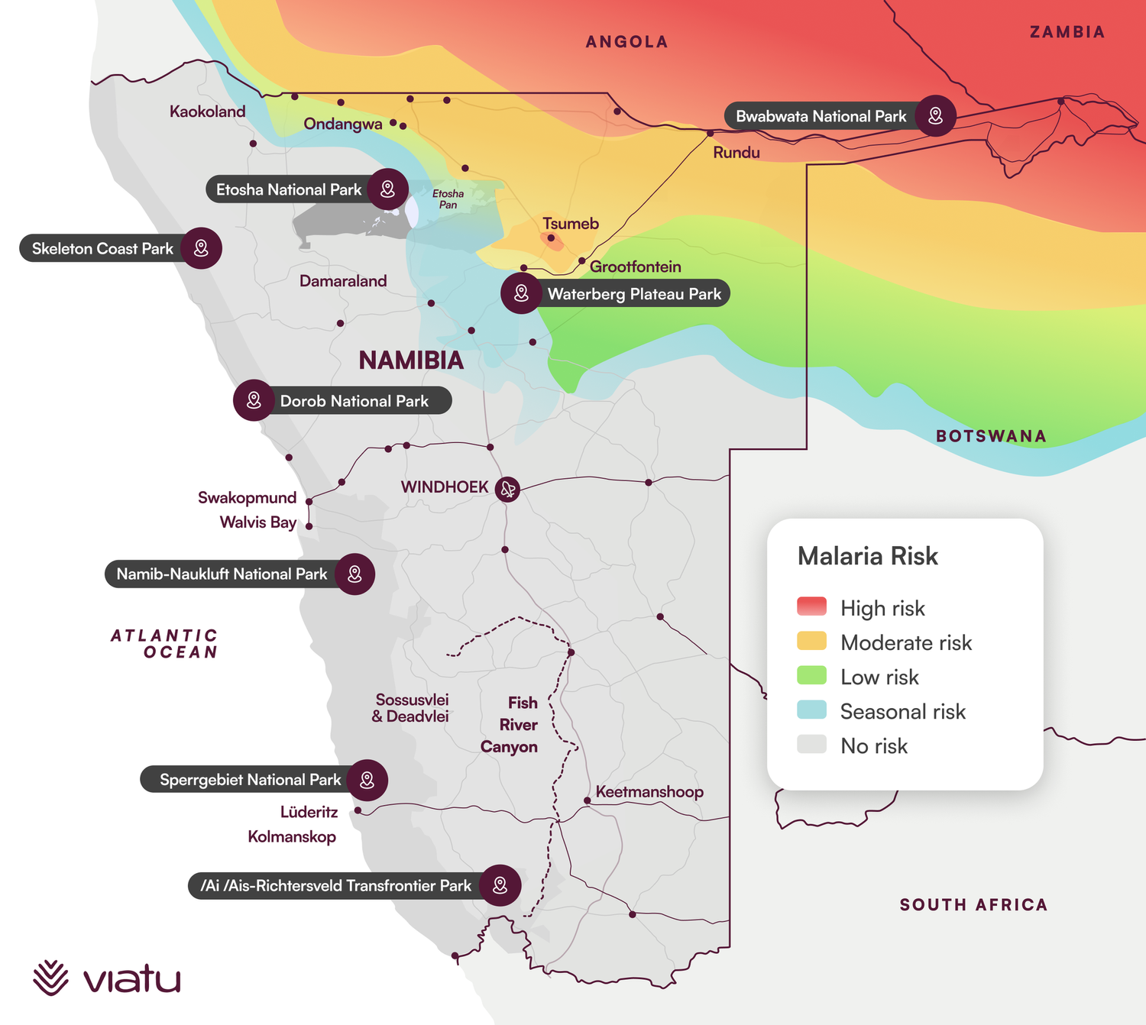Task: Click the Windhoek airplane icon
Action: pos(507,489)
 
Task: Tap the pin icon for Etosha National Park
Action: pos(387,189)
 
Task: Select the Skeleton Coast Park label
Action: pos(102,249)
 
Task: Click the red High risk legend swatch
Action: pos(811,606)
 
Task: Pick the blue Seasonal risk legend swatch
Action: pos(811,710)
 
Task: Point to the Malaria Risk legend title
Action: pos(867,556)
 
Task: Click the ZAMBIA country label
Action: pos(1067,32)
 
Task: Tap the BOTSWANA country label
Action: pos(991,436)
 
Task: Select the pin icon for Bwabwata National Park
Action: pos(935,116)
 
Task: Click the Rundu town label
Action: pos(736,153)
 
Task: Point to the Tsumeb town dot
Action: pos(551,238)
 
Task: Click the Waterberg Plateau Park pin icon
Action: pos(521,293)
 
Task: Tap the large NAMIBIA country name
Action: pos(411,361)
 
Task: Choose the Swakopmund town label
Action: pos(247,498)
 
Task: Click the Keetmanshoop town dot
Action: pos(587,800)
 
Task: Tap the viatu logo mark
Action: pos(50,978)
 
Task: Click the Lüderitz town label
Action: pos(309,812)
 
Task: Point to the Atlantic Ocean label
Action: pos(165,644)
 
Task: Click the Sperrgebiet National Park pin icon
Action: pos(367,780)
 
